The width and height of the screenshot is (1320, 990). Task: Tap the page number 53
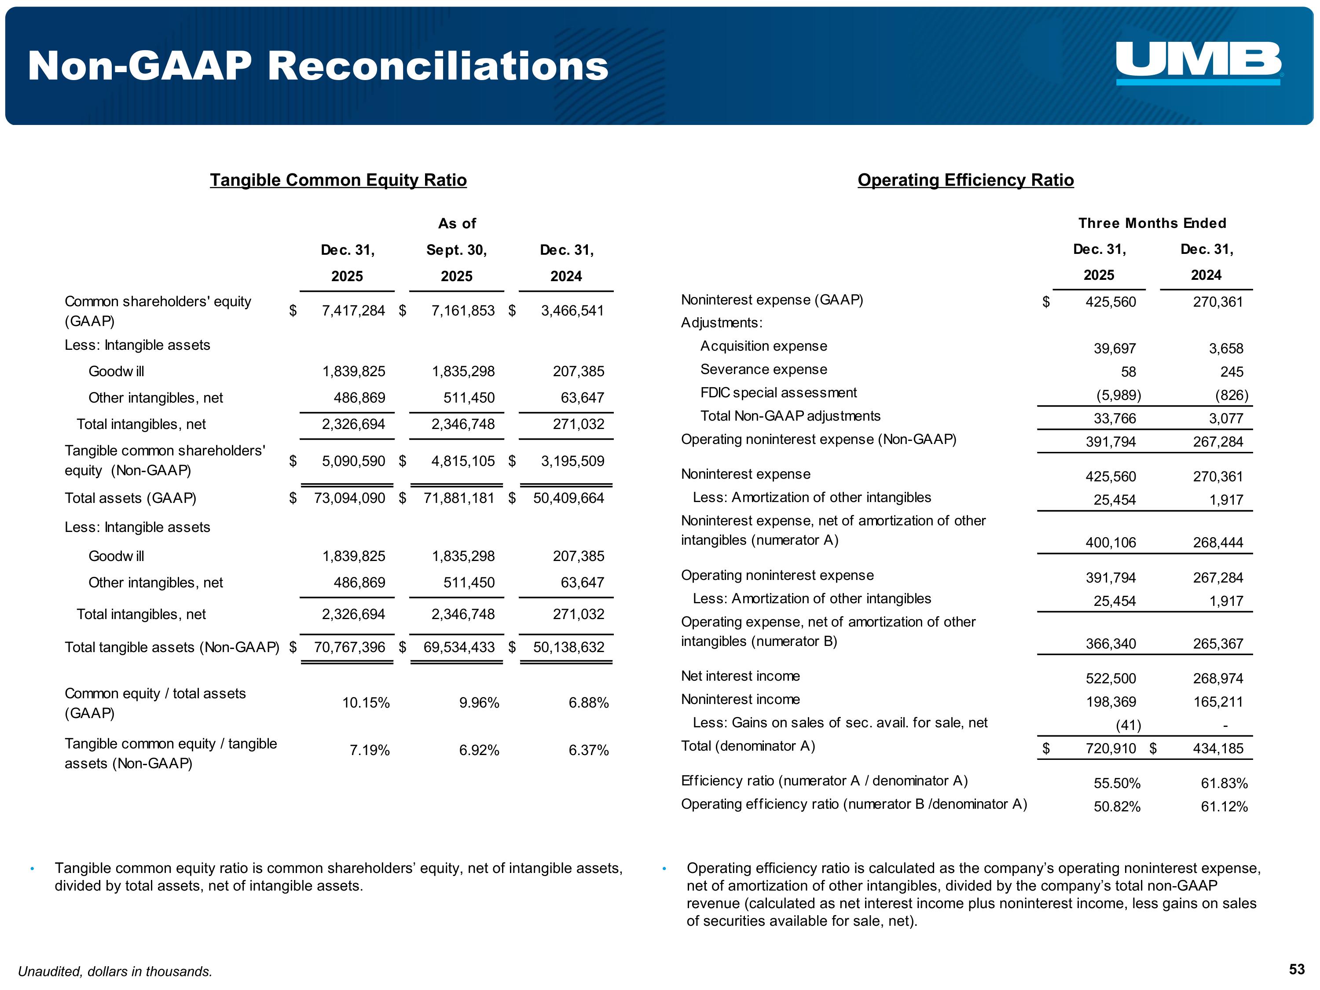1296,969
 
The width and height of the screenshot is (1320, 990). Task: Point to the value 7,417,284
353,311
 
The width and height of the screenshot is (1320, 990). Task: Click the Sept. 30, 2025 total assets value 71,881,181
459,498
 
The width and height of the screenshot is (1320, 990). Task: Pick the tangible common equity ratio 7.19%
370,750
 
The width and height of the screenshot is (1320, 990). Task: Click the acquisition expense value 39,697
1114,348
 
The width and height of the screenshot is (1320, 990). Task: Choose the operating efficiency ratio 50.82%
1117,807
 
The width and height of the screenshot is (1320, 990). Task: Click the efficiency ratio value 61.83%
1224,784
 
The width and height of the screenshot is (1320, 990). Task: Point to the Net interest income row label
740,676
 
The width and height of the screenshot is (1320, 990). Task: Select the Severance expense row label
763,370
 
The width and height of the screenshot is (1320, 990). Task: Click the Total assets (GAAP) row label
130,498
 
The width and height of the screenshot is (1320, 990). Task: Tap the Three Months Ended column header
1152,223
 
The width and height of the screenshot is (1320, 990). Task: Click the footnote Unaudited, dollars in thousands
115,972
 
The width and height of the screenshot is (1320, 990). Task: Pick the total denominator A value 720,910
1111,748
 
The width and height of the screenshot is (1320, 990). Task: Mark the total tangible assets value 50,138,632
568,648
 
